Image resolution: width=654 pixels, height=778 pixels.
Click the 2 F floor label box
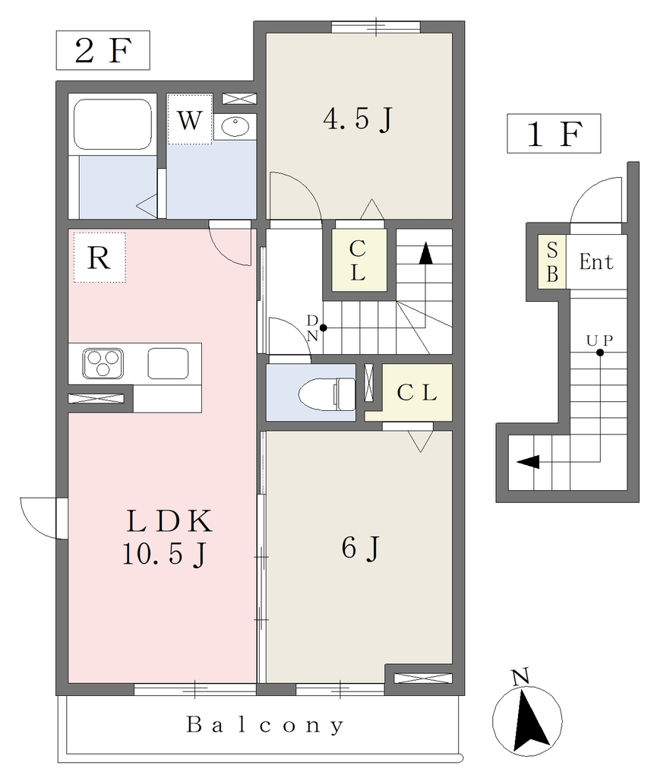[x=103, y=50]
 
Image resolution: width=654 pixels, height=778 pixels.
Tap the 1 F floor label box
[x=554, y=133]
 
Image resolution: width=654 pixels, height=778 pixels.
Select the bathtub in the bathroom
[x=112, y=124]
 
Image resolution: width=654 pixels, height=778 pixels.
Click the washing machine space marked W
[x=190, y=119]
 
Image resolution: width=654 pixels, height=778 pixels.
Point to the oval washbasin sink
[x=235, y=127]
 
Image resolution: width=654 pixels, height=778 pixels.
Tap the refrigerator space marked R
[x=100, y=258]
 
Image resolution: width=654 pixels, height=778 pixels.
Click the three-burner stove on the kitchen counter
[x=103, y=363]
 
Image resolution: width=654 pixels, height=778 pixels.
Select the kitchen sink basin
[x=168, y=363]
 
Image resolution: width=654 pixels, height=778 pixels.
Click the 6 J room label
[x=360, y=548]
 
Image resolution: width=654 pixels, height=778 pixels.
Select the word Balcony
[x=265, y=725]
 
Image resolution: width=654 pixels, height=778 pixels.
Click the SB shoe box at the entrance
[x=551, y=261]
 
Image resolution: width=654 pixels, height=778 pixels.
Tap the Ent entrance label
[x=596, y=261]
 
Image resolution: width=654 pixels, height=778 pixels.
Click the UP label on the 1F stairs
[x=599, y=340]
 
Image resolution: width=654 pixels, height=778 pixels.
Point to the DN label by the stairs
[x=312, y=327]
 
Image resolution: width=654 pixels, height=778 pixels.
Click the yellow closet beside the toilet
[x=417, y=393]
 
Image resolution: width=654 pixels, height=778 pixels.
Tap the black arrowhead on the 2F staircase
[x=425, y=253]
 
